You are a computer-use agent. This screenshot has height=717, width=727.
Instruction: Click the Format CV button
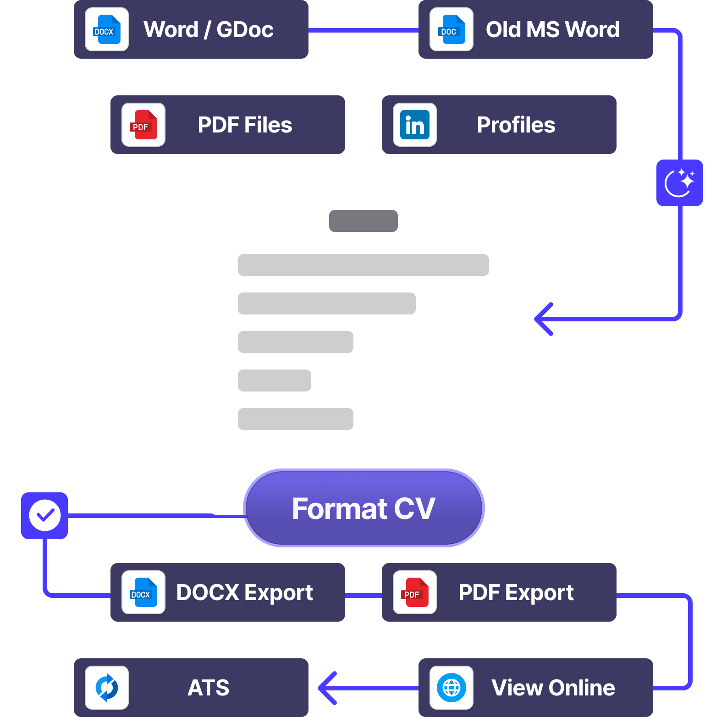point(363,508)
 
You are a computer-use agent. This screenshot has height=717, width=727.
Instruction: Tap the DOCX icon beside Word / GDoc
point(106,29)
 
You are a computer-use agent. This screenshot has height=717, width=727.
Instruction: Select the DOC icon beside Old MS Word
point(451,29)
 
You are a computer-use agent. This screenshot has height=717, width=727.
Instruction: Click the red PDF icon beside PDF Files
point(143,125)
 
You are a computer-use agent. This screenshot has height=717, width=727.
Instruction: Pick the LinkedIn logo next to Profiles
point(414,125)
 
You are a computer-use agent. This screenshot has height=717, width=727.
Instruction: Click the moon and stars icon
point(679,183)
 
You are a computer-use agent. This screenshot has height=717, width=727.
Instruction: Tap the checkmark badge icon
point(44,515)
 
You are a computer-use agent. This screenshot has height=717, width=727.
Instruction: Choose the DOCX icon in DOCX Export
point(143,592)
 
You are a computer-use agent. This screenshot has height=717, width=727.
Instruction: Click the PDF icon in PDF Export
point(414,592)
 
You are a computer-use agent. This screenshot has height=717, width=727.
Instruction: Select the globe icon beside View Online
point(451,688)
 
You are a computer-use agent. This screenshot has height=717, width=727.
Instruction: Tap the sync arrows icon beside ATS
point(106,688)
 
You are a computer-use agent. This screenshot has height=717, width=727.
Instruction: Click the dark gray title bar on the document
point(363,221)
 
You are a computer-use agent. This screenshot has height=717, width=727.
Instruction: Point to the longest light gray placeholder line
point(363,265)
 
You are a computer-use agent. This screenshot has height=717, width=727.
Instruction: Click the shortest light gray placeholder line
point(274,381)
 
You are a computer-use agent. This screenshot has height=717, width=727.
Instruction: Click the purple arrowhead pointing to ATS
point(326,688)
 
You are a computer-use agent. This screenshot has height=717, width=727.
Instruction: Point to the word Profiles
point(516,125)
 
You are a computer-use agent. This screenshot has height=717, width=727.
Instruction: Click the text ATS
point(208,688)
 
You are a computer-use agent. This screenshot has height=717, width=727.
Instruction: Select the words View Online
point(553,688)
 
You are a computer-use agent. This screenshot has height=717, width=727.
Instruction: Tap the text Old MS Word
point(552,29)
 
